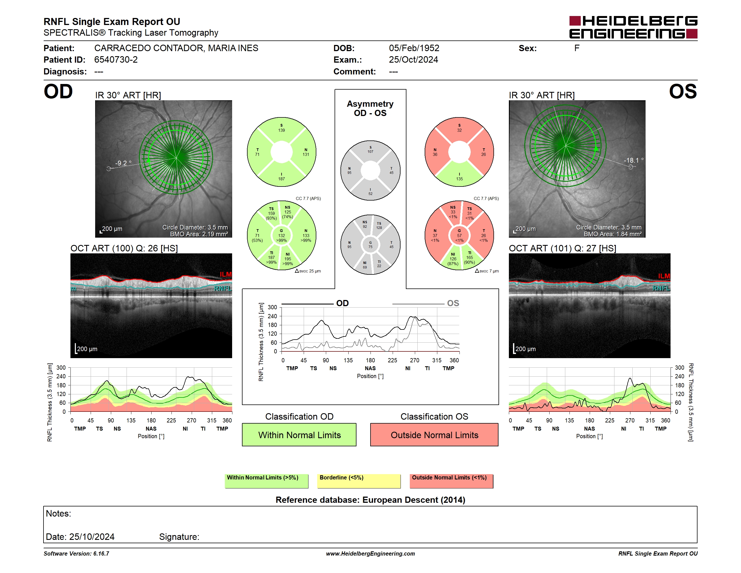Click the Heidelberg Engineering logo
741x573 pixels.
pyautogui.click(x=633, y=27)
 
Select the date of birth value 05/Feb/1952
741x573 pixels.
pyautogui.click(x=414, y=48)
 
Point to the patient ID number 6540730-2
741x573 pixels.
pyautogui.click(x=116, y=60)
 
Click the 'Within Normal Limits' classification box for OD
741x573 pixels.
pyautogui.click(x=299, y=435)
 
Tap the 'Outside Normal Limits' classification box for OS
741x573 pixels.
pyautogui.click(x=434, y=435)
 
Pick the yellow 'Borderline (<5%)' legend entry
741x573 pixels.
pyautogui.click(x=359, y=481)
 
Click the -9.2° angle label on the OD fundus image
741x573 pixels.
pyautogui.click(x=123, y=163)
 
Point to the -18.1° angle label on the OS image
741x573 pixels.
pyautogui.click(x=633, y=160)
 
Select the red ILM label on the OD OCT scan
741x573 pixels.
pyautogui.click(x=226, y=274)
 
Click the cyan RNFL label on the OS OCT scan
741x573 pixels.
pyautogui.click(x=661, y=288)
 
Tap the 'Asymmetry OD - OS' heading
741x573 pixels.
pyautogui.click(x=370, y=108)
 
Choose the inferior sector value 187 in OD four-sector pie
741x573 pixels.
pyautogui.click(x=282, y=179)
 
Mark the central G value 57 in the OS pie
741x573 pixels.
pyautogui.click(x=459, y=236)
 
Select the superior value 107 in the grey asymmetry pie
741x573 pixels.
pyautogui.click(x=370, y=152)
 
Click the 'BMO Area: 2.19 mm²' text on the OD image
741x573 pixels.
pyautogui.click(x=199, y=234)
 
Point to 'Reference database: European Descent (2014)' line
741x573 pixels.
pyautogui.click(x=370, y=500)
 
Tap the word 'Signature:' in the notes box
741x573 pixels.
pyautogui.click(x=179, y=537)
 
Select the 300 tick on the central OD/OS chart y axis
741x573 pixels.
pyautogui.click(x=273, y=307)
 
